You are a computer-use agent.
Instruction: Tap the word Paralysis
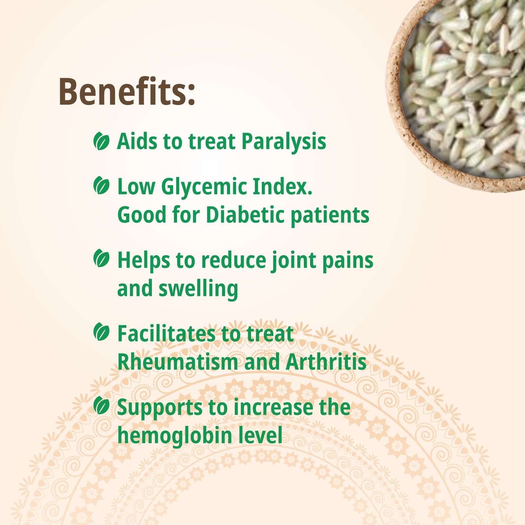284,142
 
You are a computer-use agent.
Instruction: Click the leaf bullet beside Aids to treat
101,141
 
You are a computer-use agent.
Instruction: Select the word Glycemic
203,187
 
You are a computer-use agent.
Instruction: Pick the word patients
330,216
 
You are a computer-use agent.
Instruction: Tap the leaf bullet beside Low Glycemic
101,185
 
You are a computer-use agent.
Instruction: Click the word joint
294,261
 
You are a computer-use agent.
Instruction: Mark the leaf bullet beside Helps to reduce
101,258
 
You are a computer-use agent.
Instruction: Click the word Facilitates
166,334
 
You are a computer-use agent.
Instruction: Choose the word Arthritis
326,362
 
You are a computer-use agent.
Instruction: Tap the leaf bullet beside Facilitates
101,332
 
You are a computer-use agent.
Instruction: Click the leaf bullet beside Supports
101,406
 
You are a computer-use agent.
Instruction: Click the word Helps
144,261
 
